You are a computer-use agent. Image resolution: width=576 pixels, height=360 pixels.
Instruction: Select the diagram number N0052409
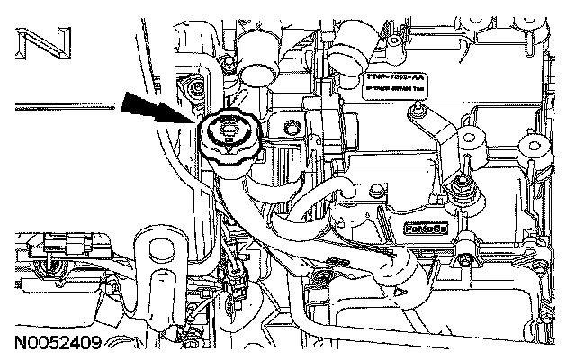click(58, 343)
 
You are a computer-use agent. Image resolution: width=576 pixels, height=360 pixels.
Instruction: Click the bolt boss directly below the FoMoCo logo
click(465, 243)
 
